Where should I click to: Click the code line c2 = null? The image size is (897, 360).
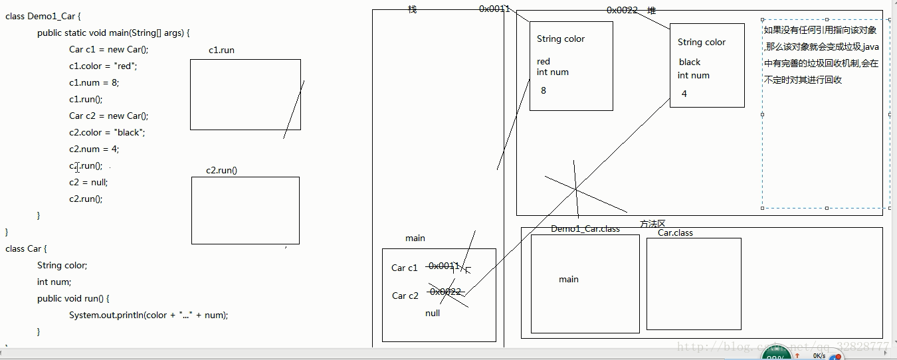pos(88,182)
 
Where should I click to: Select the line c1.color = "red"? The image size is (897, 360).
pos(103,66)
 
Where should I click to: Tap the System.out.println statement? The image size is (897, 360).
pos(148,315)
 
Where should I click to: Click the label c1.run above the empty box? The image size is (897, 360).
pos(221,50)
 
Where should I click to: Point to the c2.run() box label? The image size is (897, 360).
pos(221,170)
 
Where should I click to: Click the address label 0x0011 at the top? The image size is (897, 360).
pos(494,9)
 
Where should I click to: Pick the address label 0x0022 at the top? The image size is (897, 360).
pos(622,10)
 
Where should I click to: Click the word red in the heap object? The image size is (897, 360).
pos(544,62)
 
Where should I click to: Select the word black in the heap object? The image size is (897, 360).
pos(690,62)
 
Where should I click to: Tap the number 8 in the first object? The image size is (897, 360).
pos(544,90)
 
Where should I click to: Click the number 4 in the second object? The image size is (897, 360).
pos(684,94)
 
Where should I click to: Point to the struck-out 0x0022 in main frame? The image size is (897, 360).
pos(445,292)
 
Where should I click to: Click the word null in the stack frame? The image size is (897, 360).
pos(433,313)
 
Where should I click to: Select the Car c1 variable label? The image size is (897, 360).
pos(405,268)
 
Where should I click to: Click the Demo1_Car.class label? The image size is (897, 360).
pos(585,228)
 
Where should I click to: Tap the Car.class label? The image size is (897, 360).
pos(675,233)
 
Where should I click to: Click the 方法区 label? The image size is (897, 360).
pos(652,224)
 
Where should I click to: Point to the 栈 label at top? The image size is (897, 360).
pos(413,9)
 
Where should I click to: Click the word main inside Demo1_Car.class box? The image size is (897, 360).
pos(569,279)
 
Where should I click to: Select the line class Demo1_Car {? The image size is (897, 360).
pos(43,16)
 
